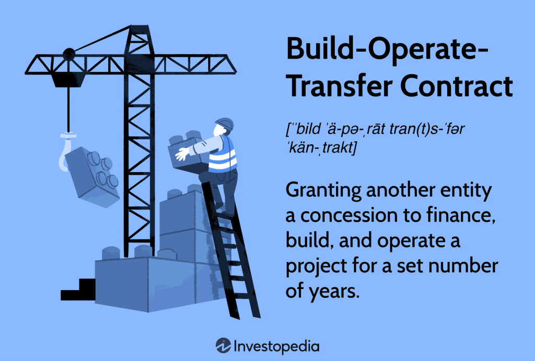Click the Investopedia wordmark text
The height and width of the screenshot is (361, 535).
point(277,346)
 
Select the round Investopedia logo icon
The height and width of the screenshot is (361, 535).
point(224,345)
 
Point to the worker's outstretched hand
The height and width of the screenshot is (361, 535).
point(181,154)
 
